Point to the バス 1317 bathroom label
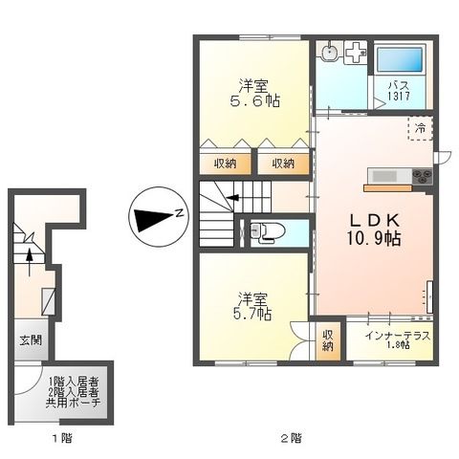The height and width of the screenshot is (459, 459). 400,90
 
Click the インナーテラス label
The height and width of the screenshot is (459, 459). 398,338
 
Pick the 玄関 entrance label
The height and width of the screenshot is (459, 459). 29,340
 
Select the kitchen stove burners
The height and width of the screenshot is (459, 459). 422,176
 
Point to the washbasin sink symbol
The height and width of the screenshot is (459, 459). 330,53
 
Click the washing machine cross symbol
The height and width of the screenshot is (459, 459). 357,53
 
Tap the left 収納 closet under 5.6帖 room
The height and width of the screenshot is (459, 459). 226,163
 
